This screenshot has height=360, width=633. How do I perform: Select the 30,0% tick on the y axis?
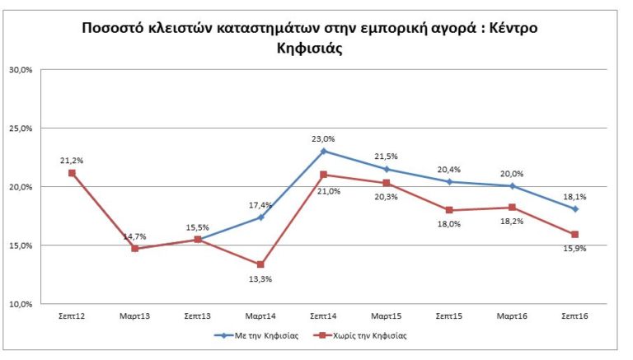coord(21,70)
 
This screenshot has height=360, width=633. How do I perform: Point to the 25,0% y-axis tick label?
coord(21,129)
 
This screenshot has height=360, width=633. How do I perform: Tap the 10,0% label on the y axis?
coord(21,304)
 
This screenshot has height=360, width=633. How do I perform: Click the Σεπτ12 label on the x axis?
coord(72,315)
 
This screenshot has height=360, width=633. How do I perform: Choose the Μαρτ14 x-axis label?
coord(260,315)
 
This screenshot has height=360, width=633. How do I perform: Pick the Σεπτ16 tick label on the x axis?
coord(575,315)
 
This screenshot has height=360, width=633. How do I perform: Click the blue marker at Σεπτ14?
coord(324,151)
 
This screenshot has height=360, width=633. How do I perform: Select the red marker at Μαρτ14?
coord(260,264)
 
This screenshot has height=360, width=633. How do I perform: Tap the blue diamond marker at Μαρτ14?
coord(260,217)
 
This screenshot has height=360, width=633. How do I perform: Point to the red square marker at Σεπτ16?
coord(575,235)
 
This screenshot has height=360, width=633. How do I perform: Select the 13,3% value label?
coord(260,278)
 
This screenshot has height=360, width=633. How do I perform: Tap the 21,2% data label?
coord(72,160)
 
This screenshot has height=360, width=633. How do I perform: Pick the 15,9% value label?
coord(575,248)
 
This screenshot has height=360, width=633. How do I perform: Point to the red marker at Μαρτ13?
coord(135,248)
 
